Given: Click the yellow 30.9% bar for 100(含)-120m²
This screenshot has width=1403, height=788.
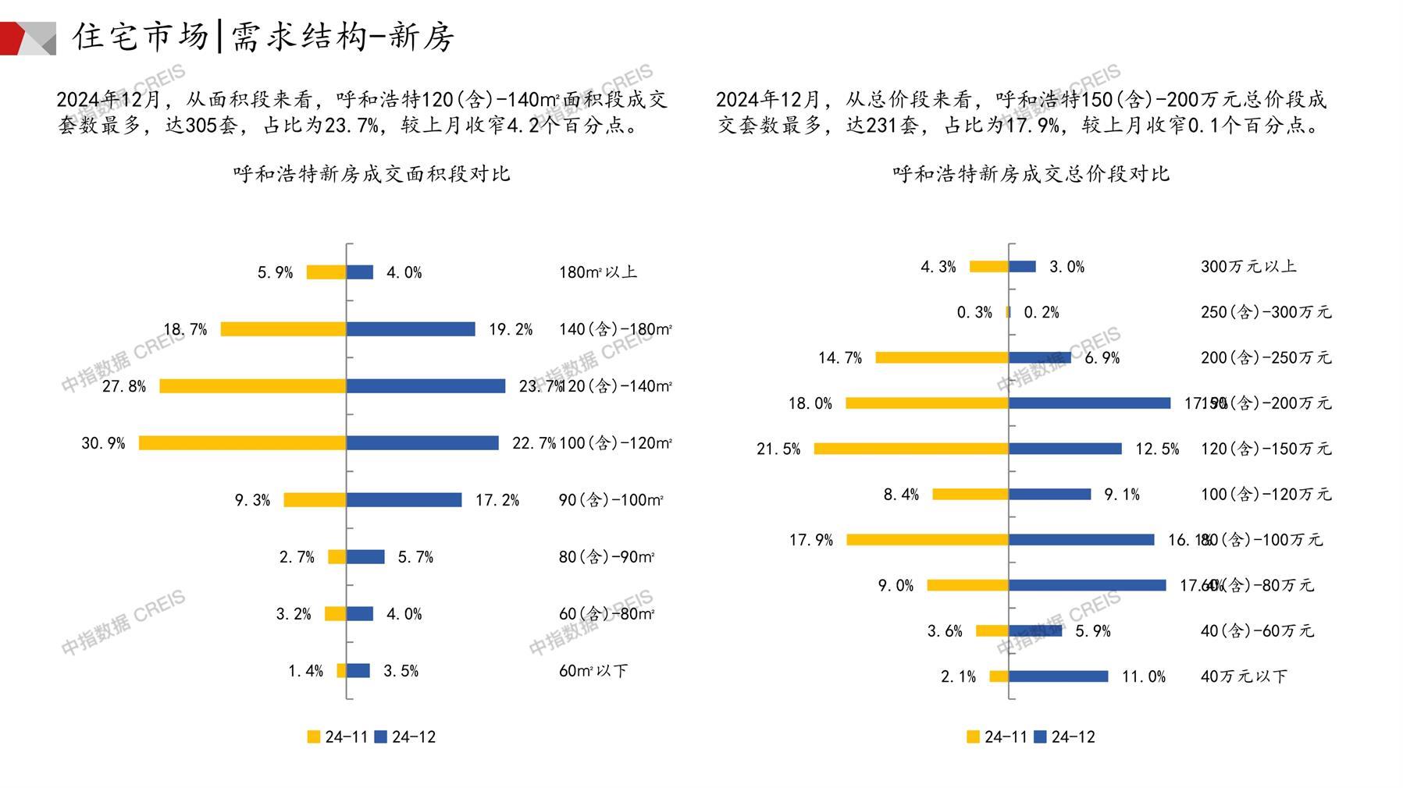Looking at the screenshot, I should coord(242,443).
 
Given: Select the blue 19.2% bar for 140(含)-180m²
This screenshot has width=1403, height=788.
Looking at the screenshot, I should coord(411,329).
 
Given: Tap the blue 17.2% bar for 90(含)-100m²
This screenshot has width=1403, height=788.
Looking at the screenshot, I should coord(404,500).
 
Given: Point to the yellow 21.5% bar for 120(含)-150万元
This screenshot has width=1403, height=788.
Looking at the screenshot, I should coord(910,449).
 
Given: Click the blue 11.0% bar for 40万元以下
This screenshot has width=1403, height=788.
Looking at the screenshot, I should coord(1058,676).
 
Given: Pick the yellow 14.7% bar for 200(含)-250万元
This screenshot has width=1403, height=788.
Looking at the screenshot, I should coord(942,357).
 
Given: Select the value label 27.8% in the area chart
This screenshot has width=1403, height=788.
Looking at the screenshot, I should coord(123,386).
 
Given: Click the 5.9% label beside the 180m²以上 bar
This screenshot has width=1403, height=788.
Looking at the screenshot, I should coord(275,272).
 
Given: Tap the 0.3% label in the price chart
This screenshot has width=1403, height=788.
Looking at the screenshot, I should coord(974,312).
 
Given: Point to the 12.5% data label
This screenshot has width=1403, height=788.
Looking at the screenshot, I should coord(1157,449).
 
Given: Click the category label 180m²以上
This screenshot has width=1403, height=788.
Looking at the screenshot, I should coord(598,272).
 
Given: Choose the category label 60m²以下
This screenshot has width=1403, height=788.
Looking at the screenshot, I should coord(593,671).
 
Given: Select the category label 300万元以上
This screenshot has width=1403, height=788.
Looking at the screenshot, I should coord(1248,267).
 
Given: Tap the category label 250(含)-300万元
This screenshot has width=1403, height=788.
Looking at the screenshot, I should coord(1266,312).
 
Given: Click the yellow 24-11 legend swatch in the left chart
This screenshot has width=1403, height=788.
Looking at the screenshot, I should coord(314,737).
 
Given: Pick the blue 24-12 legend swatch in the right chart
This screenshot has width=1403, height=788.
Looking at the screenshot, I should coord(1040,737).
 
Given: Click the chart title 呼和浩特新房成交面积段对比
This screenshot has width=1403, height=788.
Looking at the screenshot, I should coord(372,173).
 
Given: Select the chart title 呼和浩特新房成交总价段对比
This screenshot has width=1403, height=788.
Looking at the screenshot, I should coord(1031,173).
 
